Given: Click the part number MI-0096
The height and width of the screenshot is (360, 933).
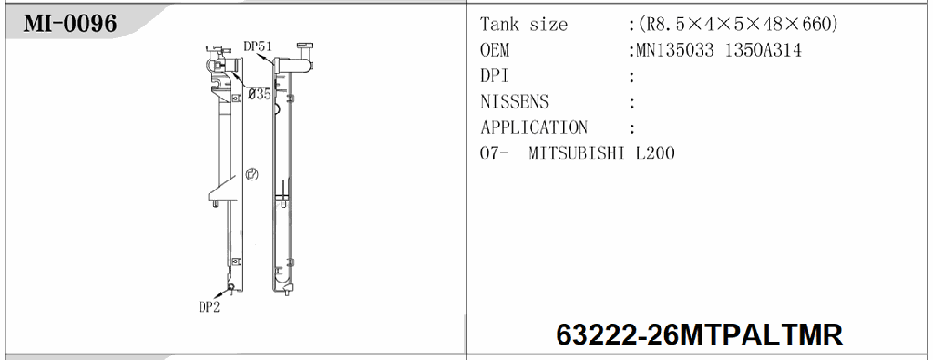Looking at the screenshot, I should click(70, 23).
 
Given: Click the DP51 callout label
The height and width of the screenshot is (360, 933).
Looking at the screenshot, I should click(258, 46).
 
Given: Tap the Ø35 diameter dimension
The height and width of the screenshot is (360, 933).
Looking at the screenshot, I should click(257, 94).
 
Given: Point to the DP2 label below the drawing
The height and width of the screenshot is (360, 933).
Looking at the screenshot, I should click(210, 307).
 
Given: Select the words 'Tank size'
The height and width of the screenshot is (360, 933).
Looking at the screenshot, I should click(523, 25).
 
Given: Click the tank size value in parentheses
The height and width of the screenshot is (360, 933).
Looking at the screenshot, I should click(737, 25).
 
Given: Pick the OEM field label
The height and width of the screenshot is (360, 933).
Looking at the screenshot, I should click(495, 50).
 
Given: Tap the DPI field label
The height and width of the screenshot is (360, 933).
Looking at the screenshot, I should click(495, 77).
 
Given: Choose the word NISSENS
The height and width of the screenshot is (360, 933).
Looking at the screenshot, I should click(514, 102).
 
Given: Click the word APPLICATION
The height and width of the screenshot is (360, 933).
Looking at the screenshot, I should click(534, 128).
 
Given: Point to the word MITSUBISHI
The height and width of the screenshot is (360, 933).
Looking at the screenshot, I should click(579, 153).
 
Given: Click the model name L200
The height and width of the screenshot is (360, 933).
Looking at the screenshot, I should click(655, 153).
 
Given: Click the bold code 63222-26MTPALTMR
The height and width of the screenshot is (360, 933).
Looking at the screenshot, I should click(700, 334).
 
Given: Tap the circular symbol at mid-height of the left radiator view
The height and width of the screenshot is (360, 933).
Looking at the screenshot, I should click(252, 174).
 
